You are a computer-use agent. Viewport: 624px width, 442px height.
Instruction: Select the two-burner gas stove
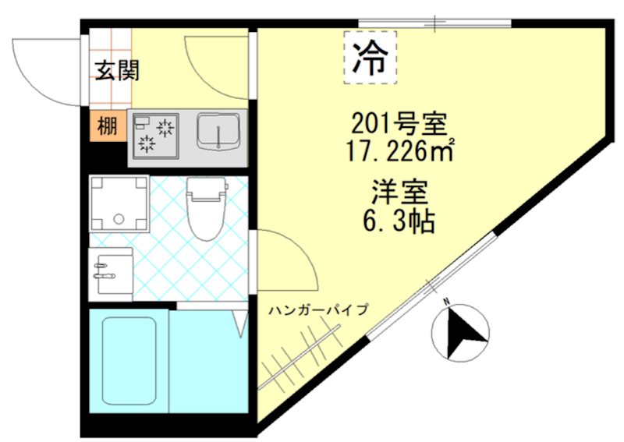click(x=155, y=134)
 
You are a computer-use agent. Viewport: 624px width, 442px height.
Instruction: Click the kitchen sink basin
click(x=218, y=133)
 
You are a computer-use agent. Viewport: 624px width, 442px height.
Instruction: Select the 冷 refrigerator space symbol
click(x=370, y=56)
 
